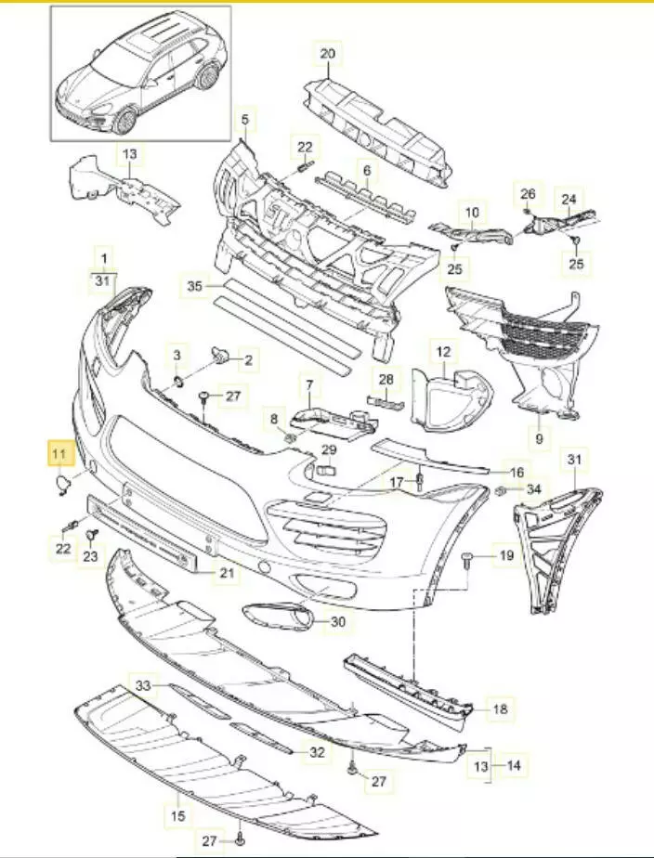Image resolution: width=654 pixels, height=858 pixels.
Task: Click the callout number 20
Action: (x=326, y=54)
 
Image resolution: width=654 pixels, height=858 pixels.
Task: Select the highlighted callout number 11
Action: (x=60, y=455)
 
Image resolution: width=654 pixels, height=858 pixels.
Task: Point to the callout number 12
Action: (x=442, y=353)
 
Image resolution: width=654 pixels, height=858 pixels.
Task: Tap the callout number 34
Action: (x=532, y=489)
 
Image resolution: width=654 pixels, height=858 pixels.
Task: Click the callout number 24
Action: (x=569, y=198)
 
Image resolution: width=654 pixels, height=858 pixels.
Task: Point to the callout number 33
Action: (x=142, y=685)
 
